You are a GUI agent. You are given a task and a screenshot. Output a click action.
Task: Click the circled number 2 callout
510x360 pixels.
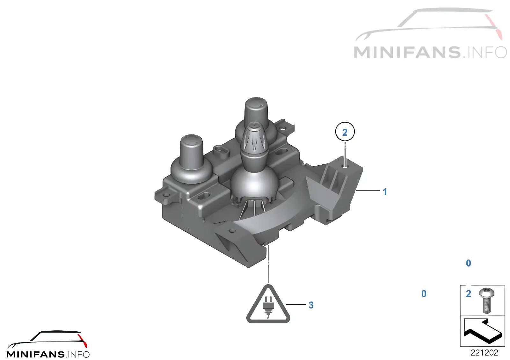pyautogui.click(x=345, y=132)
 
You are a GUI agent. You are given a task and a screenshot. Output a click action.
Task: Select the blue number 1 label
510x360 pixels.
pyautogui.click(x=385, y=191)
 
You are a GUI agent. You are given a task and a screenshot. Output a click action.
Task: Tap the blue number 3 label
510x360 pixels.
pyautogui.click(x=311, y=305)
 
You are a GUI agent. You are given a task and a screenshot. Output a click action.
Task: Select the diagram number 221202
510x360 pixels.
pyautogui.click(x=484, y=352)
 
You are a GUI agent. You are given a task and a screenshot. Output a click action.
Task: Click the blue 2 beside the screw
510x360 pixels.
pyautogui.click(x=468, y=294)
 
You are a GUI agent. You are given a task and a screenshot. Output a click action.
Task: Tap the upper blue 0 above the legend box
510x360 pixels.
pyautogui.click(x=468, y=263)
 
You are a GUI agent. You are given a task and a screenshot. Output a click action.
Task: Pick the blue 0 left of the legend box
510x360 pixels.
pyautogui.click(x=424, y=294)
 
